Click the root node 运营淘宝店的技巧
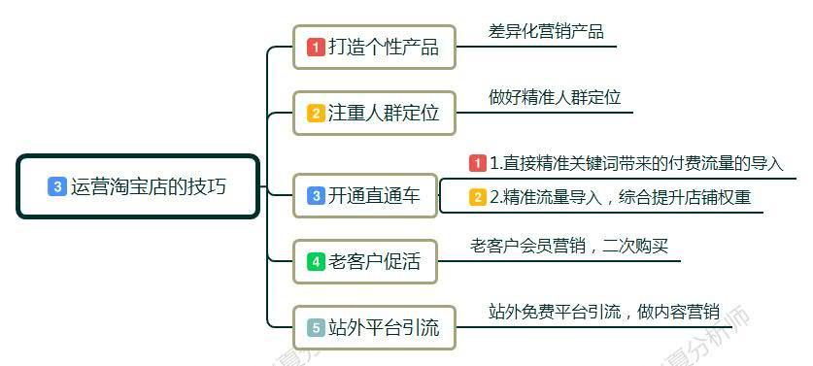point(139,186)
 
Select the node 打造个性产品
point(374,47)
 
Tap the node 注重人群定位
point(374,113)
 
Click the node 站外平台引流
point(374,327)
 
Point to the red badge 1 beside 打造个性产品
point(316,47)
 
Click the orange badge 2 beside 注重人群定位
point(316,113)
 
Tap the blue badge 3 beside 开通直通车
point(316,195)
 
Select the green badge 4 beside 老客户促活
point(316,260)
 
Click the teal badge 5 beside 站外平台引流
point(316,327)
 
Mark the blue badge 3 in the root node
point(56,186)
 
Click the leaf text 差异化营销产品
point(546,31)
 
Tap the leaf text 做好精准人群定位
point(555,97)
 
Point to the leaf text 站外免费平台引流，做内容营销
point(603,312)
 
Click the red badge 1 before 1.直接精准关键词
point(478,163)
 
